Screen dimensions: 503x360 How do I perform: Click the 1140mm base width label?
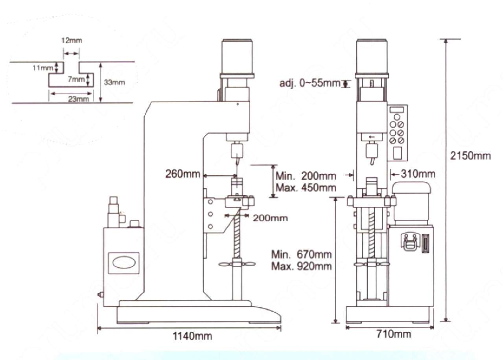[192, 336]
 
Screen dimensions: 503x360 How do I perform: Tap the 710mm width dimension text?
[394, 334]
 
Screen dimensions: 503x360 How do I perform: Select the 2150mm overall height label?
[470, 156]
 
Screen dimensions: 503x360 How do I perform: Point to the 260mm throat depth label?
[183, 174]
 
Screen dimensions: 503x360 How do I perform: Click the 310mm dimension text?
[418, 174]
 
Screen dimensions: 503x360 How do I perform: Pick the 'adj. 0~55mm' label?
[310, 83]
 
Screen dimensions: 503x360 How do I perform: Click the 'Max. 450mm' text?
[306, 187]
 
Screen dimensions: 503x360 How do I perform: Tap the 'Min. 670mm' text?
[301, 254]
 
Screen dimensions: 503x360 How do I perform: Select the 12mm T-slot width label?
[72, 40]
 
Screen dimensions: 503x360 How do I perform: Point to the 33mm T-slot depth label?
[114, 83]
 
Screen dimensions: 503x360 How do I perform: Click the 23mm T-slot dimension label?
[79, 99]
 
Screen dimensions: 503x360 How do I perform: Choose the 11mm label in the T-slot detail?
[43, 68]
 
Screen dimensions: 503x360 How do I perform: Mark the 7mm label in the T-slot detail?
[76, 79]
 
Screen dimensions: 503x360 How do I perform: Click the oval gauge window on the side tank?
[124, 263]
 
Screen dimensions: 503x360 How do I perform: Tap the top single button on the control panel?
[397, 117]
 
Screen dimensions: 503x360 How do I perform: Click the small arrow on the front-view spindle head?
[372, 137]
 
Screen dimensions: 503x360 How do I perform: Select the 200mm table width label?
[270, 218]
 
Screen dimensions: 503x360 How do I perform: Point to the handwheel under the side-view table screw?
[237, 264]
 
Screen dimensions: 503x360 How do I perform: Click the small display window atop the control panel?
[397, 110]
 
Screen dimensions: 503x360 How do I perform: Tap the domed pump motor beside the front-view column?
[411, 203]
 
